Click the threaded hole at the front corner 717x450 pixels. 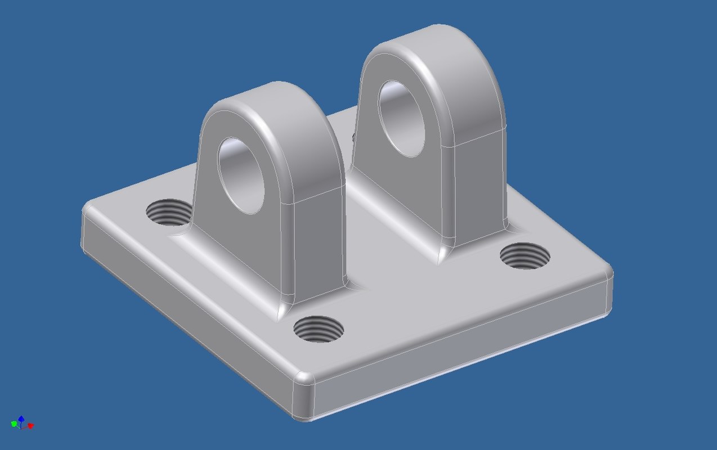point(319,328)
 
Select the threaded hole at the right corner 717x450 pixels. point(525,256)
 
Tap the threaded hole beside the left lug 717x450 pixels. point(167,212)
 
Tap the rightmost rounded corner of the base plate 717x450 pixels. point(608,275)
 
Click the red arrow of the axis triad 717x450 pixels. point(30,426)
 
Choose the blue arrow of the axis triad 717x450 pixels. point(21,418)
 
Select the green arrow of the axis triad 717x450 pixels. point(14,424)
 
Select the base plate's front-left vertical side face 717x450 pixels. point(186,315)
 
